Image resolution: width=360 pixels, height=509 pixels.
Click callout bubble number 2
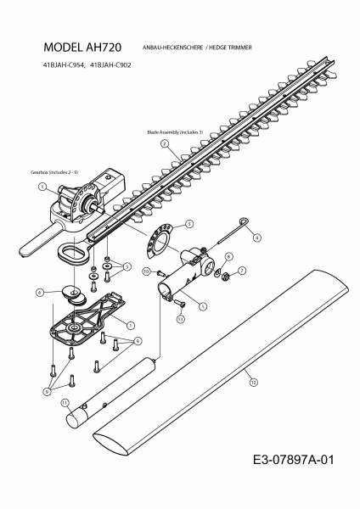click(x=163, y=144)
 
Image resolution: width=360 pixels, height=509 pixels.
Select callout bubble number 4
click(x=257, y=238)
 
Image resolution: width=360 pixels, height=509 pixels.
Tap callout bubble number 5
click(x=188, y=223)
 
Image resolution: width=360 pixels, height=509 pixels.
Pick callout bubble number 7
click(x=242, y=271)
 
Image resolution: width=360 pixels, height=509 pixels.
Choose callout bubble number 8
click(x=227, y=255)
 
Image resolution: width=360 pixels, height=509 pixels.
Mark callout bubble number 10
click(x=146, y=271)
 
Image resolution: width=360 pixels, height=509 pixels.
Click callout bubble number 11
click(x=65, y=404)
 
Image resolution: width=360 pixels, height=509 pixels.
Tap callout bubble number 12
click(x=251, y=383)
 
